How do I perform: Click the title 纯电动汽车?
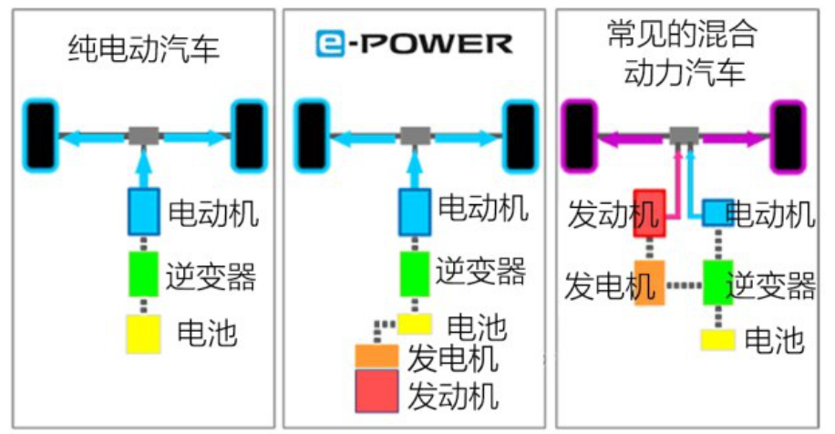coord(144,48)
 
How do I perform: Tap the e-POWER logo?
coord(414,44)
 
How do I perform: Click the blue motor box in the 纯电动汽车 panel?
coord(144,212)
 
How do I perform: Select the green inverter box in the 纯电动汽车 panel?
coord(144,274)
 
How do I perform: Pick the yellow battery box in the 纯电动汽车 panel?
coord(143,334)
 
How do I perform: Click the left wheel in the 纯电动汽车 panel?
coord(40,137)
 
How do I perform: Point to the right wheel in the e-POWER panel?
coord(521,137)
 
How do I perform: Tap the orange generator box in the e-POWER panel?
coord(376,356)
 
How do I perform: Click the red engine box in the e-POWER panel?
coord(376,391)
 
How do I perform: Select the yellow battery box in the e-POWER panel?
coord(414,324)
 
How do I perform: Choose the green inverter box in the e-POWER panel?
coord(415,274)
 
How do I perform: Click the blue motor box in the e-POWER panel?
coord(415,212)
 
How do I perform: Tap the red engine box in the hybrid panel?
coord(649,213)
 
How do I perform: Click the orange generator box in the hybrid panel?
coord(649,283)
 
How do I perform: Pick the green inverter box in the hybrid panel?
coord(717,283)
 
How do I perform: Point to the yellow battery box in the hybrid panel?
coord(717,340)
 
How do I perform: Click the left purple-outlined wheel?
coord(580,137)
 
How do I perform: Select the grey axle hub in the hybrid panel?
coord(684,136)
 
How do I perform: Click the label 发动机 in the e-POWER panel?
coord(454,396)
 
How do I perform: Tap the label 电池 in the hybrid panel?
coord(774,340)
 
